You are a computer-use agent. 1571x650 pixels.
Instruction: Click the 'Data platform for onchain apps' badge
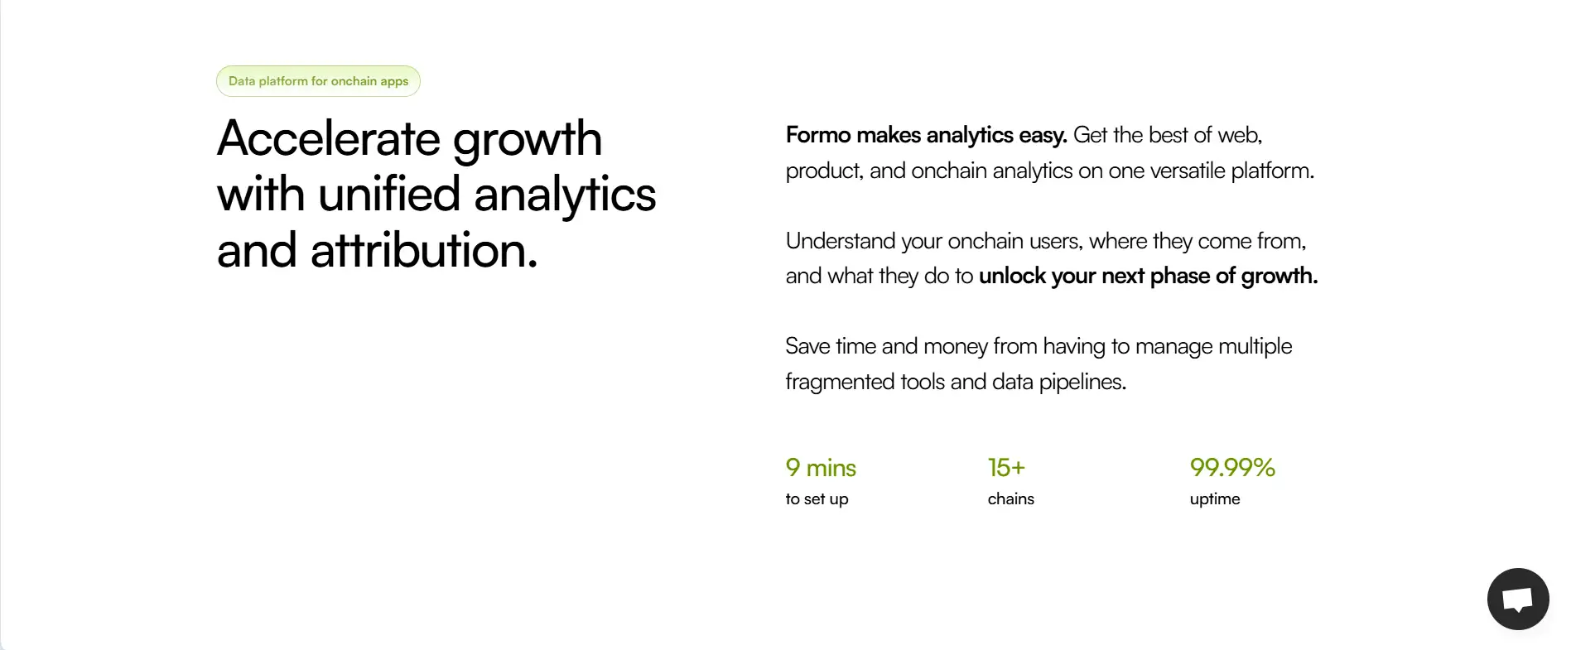tap(318, 81)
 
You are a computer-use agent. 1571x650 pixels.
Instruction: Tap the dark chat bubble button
tap(1517, 599)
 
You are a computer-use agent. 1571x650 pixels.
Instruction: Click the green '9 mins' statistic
tap(821, 468)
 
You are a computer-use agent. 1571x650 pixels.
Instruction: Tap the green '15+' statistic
tap(1006, 468)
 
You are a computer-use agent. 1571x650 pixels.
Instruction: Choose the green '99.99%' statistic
tap(1232, 468)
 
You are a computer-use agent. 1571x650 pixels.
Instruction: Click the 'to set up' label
tap(817, 498)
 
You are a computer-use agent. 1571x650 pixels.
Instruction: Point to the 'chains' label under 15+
tap(1010, 498)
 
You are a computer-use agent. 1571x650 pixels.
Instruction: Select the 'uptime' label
tap(1215, 498)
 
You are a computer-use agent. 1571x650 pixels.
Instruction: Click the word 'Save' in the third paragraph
tap(807, 346)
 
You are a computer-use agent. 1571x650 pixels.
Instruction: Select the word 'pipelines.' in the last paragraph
tap(1082, 382)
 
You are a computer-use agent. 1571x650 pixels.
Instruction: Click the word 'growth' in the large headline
tap(528, 139)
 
